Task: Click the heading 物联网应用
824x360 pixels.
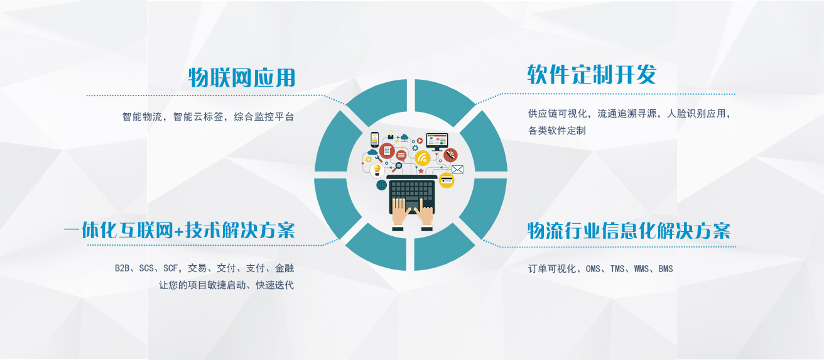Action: [242, 78]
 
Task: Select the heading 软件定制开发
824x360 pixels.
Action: [592, 74]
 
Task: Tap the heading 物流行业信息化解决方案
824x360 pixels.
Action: [629, 231]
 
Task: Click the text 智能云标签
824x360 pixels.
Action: [198, 117]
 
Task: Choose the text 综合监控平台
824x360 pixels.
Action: [264, 117]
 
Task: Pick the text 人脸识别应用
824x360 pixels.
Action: [697, 114]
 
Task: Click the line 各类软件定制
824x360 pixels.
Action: [557, 131]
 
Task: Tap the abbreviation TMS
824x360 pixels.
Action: [617, 269]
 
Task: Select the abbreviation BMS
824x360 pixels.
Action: [666, 269]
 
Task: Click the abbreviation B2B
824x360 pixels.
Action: [122, 268]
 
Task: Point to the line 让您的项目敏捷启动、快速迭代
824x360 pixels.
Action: [226, 285]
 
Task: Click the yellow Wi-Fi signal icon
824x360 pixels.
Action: [423, 158]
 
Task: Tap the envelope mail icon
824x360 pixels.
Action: [457, 170]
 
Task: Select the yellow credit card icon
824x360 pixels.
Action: [447, 180]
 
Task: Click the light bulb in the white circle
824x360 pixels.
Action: [377, 170]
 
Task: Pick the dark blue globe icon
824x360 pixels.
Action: [381, 185]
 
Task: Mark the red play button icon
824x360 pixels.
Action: [420, 141]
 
